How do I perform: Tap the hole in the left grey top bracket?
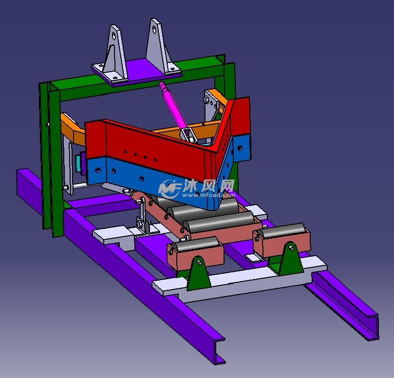(114, 36)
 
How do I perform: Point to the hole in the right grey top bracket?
(154, 29)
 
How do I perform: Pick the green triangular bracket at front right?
(291, 258)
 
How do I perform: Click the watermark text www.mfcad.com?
(208, 195)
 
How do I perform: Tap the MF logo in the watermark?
(170, 189)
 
